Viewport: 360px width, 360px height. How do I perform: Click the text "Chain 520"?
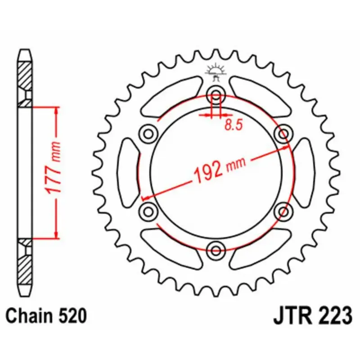click(46, 316)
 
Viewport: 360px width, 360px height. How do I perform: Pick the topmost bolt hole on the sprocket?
click(216, 95)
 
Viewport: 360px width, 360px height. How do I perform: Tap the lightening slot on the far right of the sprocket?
click(305, 172)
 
